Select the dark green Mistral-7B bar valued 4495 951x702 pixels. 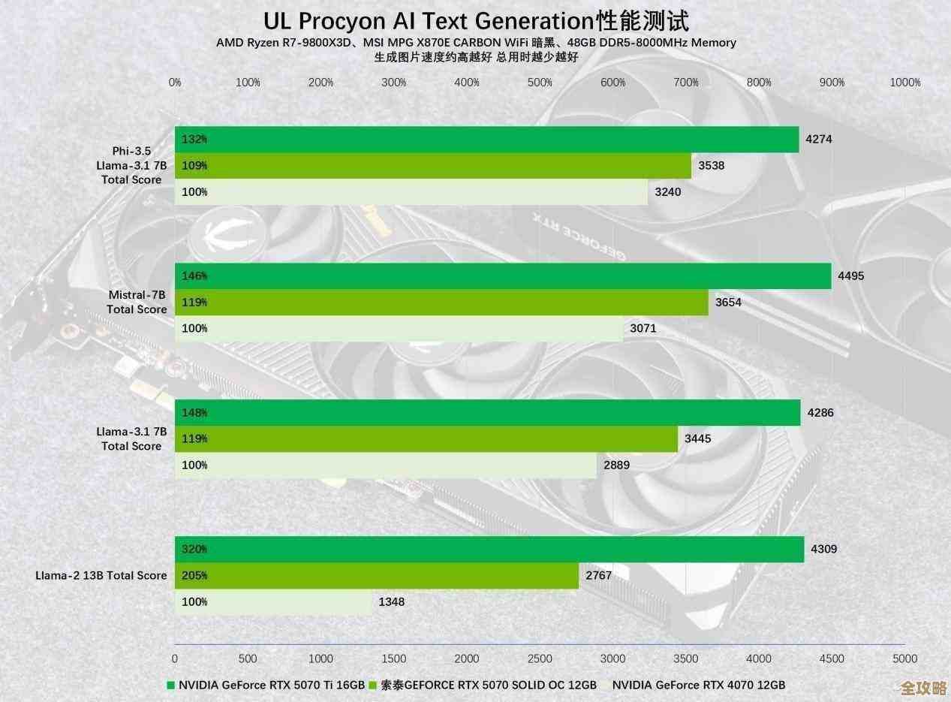pyautogui.click(x=503, y=276)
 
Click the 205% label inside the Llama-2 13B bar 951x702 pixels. pyautogui.click(x=194, y=576)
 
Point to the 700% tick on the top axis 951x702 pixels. pyautogui.click(x=685, y=83)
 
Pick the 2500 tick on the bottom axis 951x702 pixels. pyautogui.click(x=540, y=658)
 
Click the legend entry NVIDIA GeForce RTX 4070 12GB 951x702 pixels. pyautogui.click(x=698, y=685)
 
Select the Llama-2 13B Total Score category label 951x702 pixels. pyautogui.click(x=101, y=575)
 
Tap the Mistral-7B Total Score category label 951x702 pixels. pyautogui.click(x=137, y=302)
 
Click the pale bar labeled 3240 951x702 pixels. pyautogui.click(x=411, y=192)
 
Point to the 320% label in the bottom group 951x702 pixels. pyautogui.click(x=194, y=549)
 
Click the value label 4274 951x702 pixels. pyautogui.click(x=818, y=139)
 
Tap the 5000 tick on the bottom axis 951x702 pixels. pyautogui.click(x=904, y=658)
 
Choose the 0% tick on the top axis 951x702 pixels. pyautogui.click(x=175, y=83)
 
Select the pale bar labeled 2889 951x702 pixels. pyautogui.click(x=386, y=465)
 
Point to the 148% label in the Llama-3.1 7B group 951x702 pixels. pyautogui.click(x=194, y=412)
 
